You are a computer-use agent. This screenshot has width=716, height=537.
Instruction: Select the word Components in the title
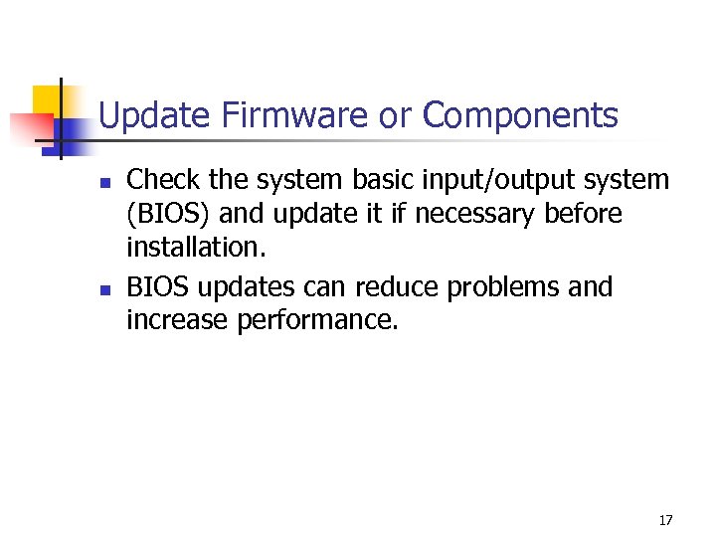(x=520, y=116)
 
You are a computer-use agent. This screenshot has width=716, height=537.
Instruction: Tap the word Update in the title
(x=155, y=116)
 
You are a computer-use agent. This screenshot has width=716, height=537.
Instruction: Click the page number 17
(x=665, y=520)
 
